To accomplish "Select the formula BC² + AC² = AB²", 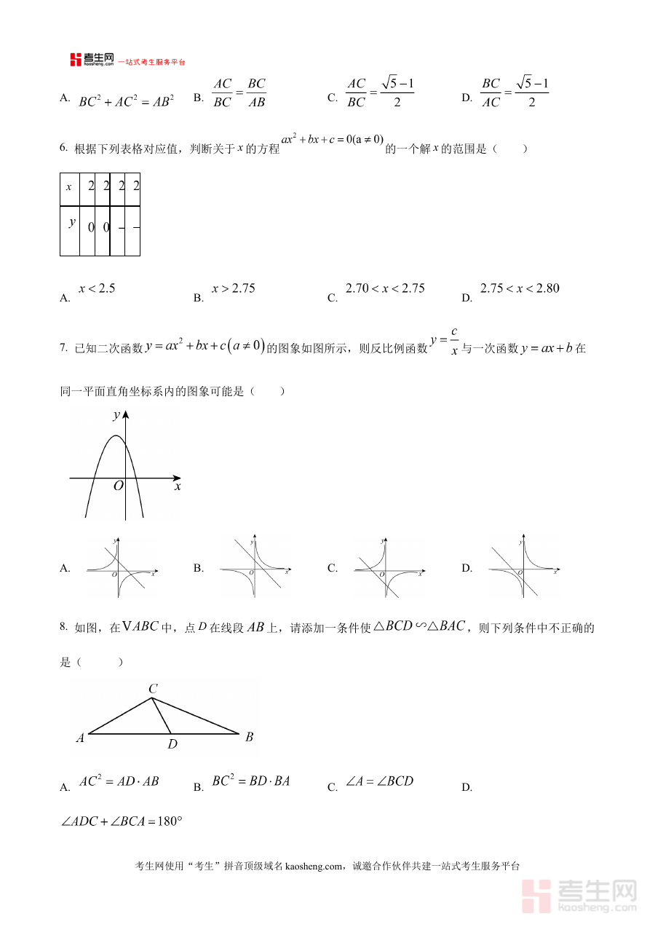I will pos(126,101).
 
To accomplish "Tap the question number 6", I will pos(63,149).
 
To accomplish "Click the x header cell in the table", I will pos(69,187).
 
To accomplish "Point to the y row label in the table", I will pos(71,222).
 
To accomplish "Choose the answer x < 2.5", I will pos(97,288).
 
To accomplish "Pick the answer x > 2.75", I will pos(234,288).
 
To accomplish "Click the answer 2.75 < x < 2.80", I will pos(520,288).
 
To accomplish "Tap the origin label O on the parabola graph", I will pos(118,486).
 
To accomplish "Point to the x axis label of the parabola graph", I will pos(177,486).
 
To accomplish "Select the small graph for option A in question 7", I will pos(121,567).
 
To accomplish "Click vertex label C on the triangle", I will pos(153,689).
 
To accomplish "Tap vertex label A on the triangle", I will pos(80,738).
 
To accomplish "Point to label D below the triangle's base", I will pos(172,744).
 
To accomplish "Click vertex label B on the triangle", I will pos(249,737).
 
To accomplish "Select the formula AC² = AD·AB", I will pos(119,781).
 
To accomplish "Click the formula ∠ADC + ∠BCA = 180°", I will pos(121,821).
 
